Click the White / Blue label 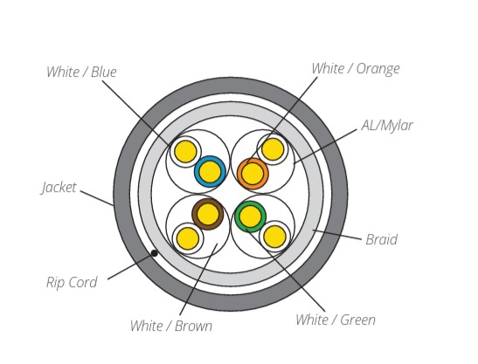81,72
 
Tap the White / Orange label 356,69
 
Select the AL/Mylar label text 387,125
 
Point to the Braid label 381,239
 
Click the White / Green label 336,319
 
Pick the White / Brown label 171,326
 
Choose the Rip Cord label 72,282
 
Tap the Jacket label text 59,188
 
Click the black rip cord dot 155,253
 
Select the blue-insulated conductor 210,171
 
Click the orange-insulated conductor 253,174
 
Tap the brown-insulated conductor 208,214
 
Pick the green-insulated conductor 250,216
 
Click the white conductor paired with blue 185,151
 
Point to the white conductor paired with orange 273,149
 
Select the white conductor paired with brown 188,238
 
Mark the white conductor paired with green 274,237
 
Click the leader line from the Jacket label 97,198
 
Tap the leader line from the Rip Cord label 130,267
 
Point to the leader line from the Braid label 336,235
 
